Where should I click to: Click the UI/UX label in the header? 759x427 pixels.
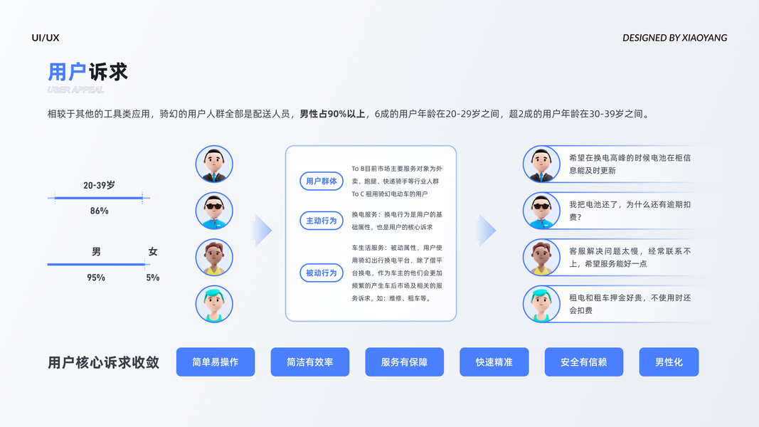point(46,38)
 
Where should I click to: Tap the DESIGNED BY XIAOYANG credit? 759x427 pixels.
point(674,38)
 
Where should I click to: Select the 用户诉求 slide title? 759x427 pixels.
point(87,72)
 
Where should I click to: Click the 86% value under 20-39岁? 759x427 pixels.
point(99,211)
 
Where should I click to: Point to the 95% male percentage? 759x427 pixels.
point(96,278)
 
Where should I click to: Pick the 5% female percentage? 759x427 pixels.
point(153,278)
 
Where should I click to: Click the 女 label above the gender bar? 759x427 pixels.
point(153,252)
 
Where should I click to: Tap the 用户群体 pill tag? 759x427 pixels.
point(322,181)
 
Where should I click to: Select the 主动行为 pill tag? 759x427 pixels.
point(322,221)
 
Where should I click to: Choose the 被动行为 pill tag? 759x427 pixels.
point(322,273)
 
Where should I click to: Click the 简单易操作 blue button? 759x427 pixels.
point(215,362)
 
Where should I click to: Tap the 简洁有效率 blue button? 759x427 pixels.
point(309,362)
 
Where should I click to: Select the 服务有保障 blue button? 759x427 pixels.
point(404,362)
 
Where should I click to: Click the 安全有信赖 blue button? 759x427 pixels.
point(583,362)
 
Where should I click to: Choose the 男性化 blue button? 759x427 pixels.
point(669,362)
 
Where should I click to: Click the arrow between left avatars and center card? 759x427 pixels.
point(262,231)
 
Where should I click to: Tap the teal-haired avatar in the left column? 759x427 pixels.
point(214,304)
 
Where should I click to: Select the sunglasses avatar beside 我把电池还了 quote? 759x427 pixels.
point(541,211)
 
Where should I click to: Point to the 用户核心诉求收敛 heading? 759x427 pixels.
point(103,362)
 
